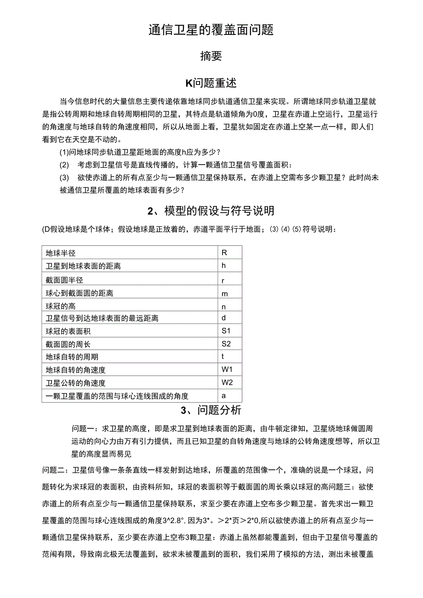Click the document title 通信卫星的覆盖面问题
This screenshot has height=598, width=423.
pyautogui.click(x=211, y=30)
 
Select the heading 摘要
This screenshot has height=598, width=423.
pyautogui.click(x=211, y=56)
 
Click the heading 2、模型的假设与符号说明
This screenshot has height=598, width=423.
pyautogui.click(x=211, y=211)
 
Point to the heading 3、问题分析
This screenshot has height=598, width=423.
pyautogui.click(x=211, y=410)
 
